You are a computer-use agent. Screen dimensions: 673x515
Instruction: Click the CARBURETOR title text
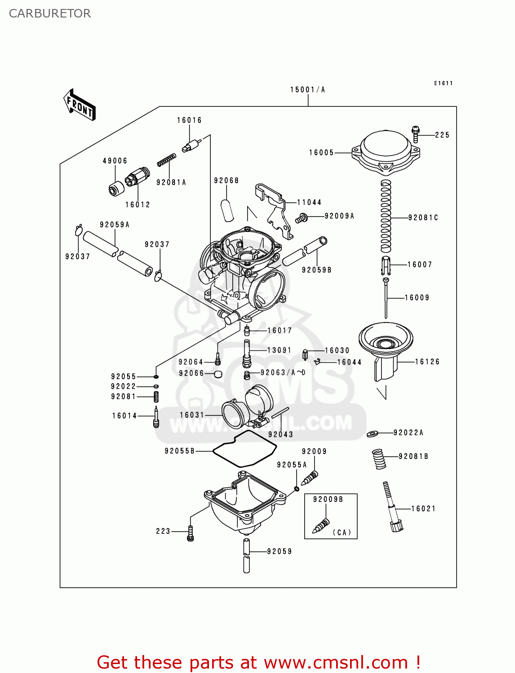(50, 13)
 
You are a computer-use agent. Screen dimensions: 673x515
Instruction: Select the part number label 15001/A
(307, 90)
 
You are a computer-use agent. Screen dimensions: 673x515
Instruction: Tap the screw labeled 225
(416, 134)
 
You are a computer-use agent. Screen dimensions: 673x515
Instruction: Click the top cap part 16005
(386, 152)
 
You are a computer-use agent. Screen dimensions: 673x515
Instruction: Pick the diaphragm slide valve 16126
(386, 352)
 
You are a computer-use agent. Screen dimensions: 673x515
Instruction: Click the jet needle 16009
(386, 298)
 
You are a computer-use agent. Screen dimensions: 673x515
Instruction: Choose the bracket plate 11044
(274, 209)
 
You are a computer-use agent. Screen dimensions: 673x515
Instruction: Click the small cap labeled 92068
(227, 210)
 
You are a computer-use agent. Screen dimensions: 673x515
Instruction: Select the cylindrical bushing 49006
(116, 188)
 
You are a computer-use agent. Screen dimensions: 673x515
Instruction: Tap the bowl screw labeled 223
(191, 533)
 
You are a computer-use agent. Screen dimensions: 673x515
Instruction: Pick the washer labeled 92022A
(373, 433)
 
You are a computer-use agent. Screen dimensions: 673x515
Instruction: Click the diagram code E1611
(443, 83)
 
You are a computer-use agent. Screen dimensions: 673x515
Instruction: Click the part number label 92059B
(316, 270)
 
